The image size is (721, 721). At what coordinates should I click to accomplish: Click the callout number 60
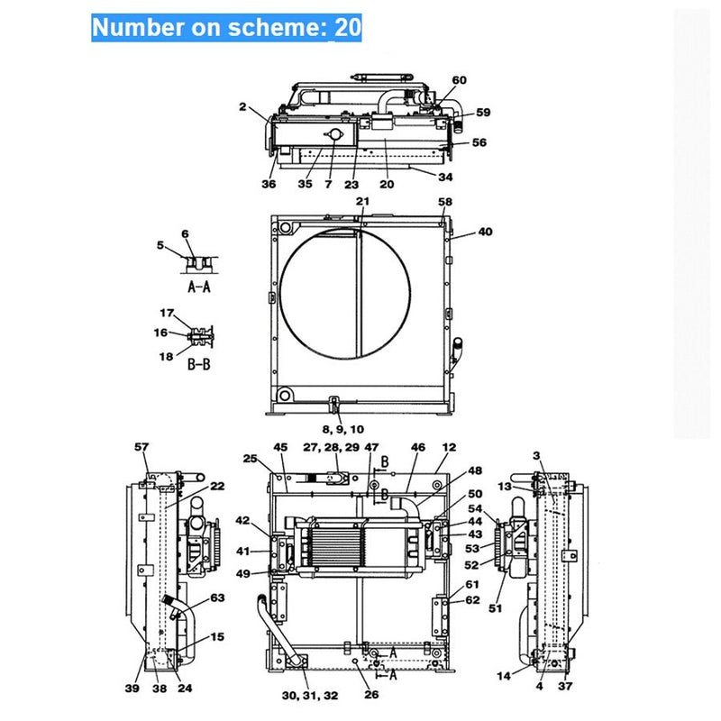point(459,80)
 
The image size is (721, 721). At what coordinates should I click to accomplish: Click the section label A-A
point(198,287)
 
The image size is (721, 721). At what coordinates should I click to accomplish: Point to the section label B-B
point(198,364)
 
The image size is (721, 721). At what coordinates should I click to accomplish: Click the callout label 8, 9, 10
point(342,429)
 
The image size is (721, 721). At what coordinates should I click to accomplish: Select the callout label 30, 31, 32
point(309,695)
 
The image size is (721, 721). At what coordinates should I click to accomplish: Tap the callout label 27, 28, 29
point(332,447)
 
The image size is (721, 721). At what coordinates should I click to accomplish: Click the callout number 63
point(217,598)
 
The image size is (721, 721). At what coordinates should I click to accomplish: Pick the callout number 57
point(141,447)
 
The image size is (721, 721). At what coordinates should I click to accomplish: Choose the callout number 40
point(486,232)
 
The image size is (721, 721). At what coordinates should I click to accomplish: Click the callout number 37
point(565,687)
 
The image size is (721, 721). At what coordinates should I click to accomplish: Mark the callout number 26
point(371,694)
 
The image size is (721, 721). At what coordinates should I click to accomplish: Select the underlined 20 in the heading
point(348,27)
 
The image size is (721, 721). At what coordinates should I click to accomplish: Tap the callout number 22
point(217,486)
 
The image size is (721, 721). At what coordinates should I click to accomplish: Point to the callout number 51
point(494,608)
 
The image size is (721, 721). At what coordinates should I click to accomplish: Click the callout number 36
point(269,184)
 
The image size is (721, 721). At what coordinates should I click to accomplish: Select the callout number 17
point(168,314)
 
